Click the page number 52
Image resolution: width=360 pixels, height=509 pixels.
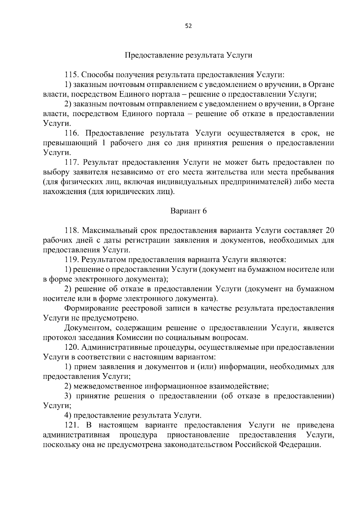point(188,26)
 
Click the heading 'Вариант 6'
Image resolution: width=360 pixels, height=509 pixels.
point(188,211)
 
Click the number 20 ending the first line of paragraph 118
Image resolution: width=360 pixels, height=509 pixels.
point(329,230)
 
